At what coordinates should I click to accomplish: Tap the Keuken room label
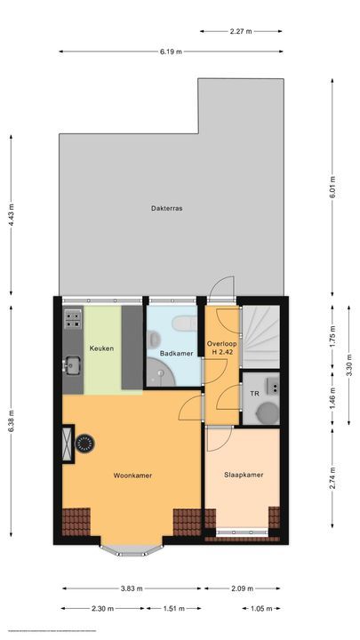[101, 348]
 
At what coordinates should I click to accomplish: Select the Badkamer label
[176, 354]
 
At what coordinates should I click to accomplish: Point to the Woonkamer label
[132, 476]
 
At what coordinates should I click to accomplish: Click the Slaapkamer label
[243, 476]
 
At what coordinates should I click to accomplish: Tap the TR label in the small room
[254, 393]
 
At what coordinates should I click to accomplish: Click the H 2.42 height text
[221, 353]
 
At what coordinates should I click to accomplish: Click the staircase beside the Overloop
[263, 335]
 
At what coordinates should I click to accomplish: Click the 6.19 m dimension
[171, 52]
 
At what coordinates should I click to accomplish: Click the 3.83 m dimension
[132, 588]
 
